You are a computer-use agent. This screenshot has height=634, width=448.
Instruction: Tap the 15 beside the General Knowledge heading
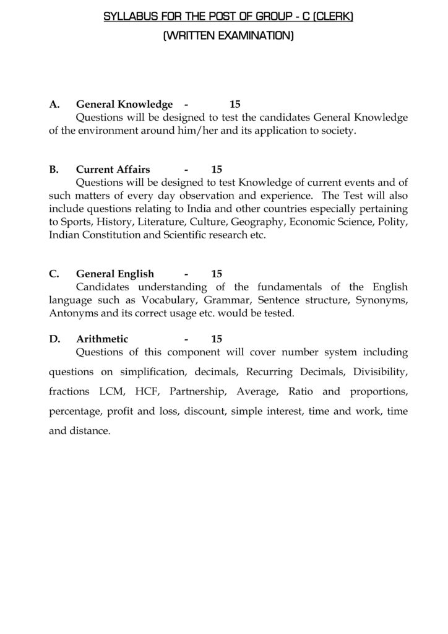235,105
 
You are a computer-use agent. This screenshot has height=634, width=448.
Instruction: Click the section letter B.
53,169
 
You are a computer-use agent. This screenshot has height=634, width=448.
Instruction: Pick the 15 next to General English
216,274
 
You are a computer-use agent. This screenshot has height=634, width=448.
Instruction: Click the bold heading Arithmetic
102,339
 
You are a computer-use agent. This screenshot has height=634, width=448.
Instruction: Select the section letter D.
54,339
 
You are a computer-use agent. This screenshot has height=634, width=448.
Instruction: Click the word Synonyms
382,300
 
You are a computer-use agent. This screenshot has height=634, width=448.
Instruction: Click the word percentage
75,412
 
